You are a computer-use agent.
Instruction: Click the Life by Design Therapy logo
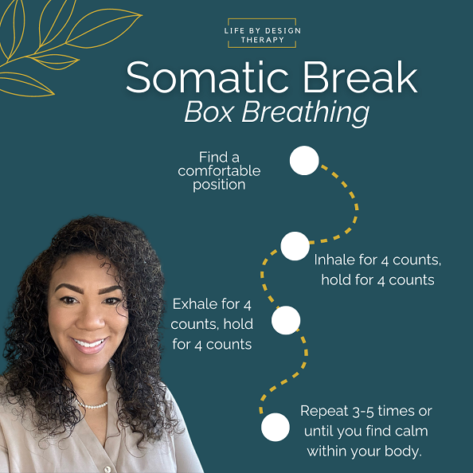262,33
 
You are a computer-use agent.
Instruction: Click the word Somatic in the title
207,77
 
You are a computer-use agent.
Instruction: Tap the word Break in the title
360,77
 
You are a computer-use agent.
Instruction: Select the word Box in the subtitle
209,111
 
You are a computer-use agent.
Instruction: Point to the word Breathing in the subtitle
306,113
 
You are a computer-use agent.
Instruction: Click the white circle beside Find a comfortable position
304,161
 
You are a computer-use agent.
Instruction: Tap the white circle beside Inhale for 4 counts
295,246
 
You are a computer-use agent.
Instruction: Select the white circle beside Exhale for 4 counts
286,320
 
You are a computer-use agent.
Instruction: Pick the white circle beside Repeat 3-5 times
275,427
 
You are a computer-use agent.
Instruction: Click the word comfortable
219,171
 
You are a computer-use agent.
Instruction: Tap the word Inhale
334,260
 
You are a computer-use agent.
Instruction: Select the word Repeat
324,412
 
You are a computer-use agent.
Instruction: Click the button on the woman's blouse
107,469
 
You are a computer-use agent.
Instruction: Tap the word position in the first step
219,185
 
